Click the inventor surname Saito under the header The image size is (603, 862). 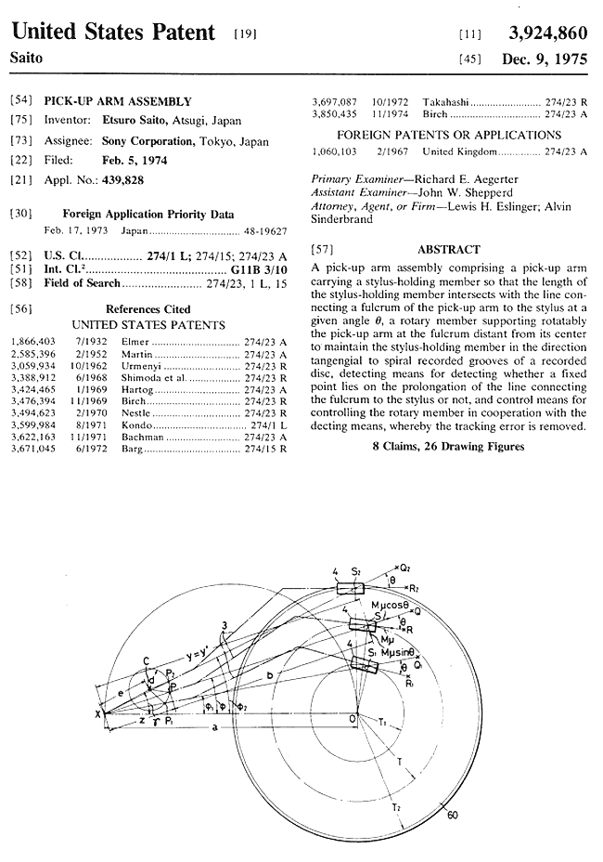coord(29,58)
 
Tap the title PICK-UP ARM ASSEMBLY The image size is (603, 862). coord(118,101)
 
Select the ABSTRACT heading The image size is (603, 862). coord(449,249)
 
